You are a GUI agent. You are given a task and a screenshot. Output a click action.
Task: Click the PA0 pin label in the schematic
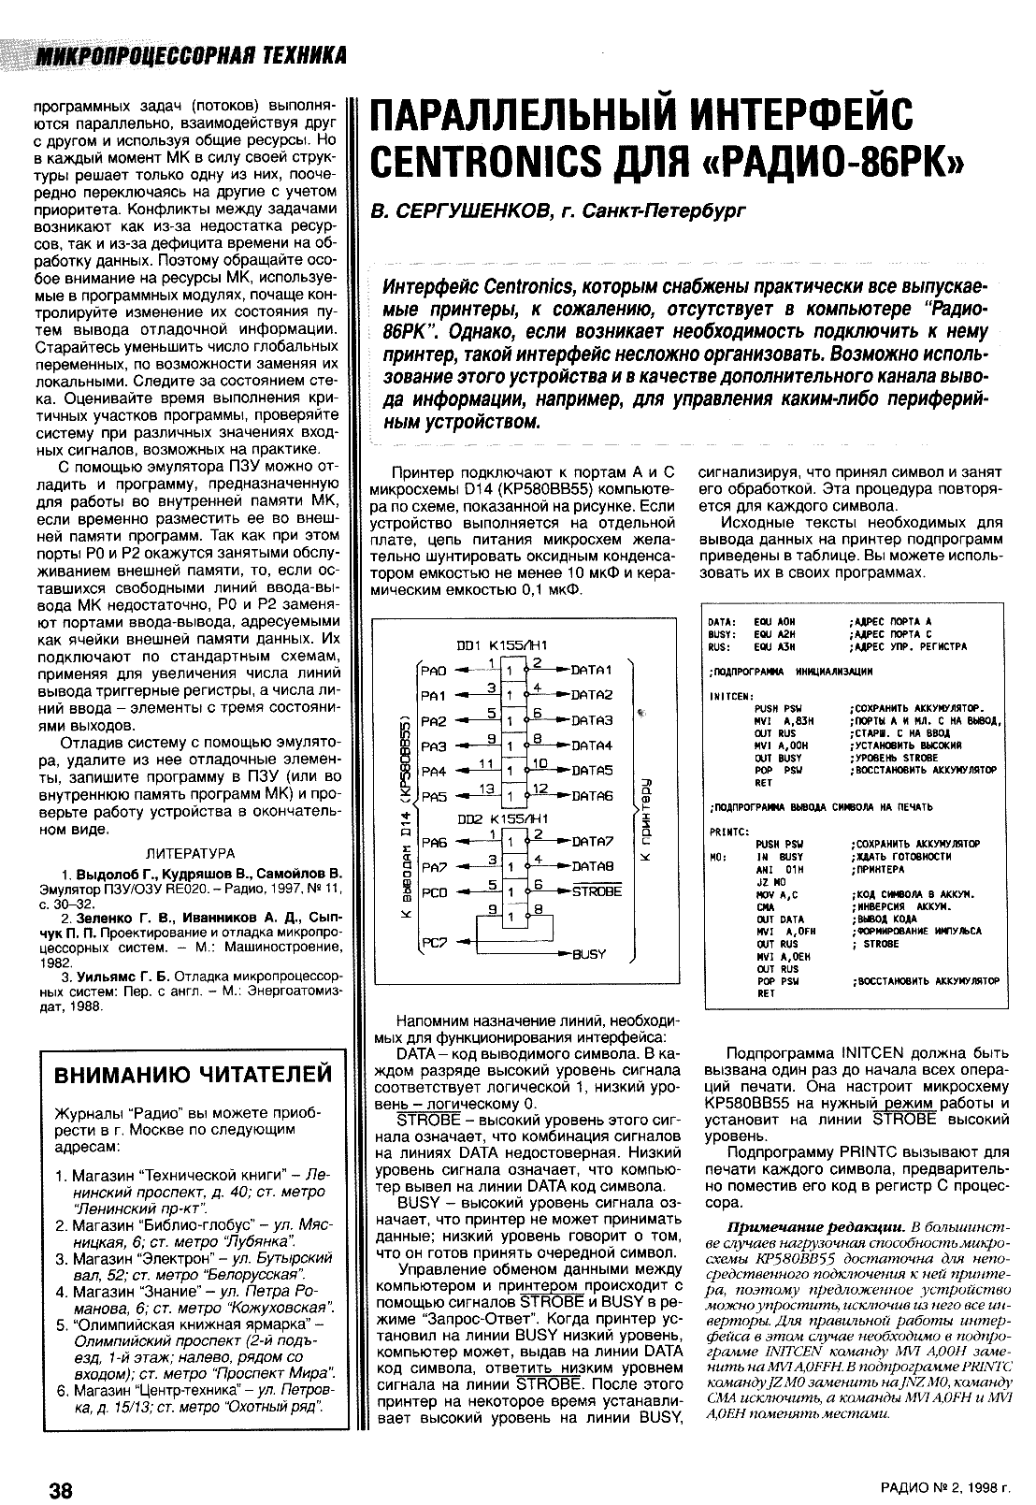point(435,670)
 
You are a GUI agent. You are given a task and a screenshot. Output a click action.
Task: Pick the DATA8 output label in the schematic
point(591,867)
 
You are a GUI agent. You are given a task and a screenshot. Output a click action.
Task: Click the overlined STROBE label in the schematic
point(597,891)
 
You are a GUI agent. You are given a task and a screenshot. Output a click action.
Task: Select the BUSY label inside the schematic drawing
point(589,954)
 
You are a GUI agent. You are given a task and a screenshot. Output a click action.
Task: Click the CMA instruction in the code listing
point(763,906)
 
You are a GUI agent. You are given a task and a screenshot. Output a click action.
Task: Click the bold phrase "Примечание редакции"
point(814,1226)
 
